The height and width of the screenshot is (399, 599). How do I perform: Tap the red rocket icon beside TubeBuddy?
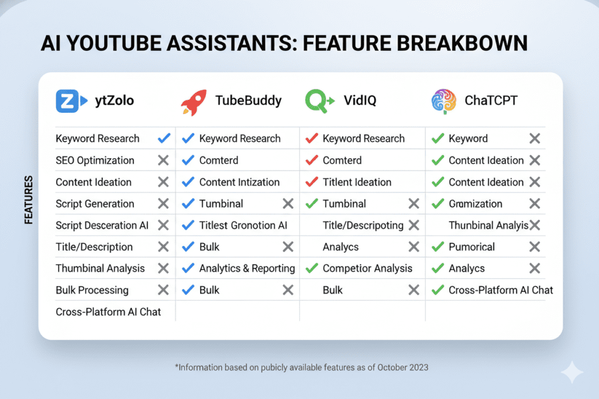pyautogui.click(x=193, y=102)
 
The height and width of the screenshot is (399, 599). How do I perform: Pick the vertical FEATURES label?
pyautogui.click(x=28, y=200)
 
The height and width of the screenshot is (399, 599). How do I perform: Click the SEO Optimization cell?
pyautogui.click(x=95, y=161)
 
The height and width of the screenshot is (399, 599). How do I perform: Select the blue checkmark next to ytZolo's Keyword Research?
pyautogui.click(x=164, y=138)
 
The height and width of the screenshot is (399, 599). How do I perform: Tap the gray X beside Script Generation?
pyautogui.click(x=163, y=204)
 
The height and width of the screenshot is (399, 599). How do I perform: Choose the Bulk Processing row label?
pyautogui.click(x=92, y=290)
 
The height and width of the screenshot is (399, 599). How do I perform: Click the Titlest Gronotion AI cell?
pyautogui.click(x=243, y=225)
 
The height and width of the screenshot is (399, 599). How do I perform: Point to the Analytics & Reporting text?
pyautogui.click(x=247, y=269)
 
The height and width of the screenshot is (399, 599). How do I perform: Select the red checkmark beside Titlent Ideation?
pyautogui.click(x=312, y=182)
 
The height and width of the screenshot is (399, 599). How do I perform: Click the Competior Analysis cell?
pyautogui.click(x=367, y=269)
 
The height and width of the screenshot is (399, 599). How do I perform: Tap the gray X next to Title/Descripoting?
pyautogui.click(x=414, y=225)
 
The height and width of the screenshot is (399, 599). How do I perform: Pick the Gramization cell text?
pyautogui.click(x=475, y=204)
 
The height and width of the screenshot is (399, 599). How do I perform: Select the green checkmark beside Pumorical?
pyautogui.click(x=437, y=247)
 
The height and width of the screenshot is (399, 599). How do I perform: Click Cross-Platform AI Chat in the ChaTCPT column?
pyautogui.click(x=500, y=290)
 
